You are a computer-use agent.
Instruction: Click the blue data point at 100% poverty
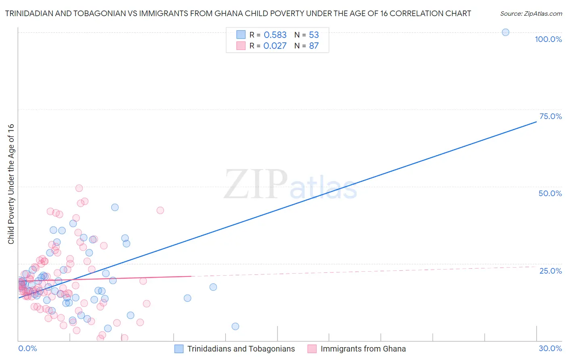click(505, 32)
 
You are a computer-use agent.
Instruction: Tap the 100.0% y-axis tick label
click(548, 39)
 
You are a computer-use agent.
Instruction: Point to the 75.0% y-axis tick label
click(550, 116)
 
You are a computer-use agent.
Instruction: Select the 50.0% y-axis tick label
click(550, 193)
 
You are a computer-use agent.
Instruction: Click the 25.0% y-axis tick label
click(550, 270)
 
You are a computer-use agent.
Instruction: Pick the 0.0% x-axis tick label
click(27, 348)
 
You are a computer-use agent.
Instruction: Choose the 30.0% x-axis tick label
click(550, 348)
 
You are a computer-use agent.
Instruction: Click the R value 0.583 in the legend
click(275, 35)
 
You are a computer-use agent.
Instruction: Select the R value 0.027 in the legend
click(275, 46)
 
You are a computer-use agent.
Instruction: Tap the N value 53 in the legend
click(314, 35)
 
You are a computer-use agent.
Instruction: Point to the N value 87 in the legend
click(314, 46)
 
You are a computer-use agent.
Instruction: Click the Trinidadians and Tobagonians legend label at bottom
click(241, 349)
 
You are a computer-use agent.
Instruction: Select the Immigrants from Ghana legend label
click(363, 349)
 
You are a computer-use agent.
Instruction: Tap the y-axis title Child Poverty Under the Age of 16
click(11, 184)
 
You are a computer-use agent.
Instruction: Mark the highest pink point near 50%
click(79, 188)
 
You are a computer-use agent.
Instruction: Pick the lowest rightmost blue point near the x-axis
click(236, 327)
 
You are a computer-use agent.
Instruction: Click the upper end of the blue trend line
click(536, 121)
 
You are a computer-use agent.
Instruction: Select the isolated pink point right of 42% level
click(160, 210)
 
